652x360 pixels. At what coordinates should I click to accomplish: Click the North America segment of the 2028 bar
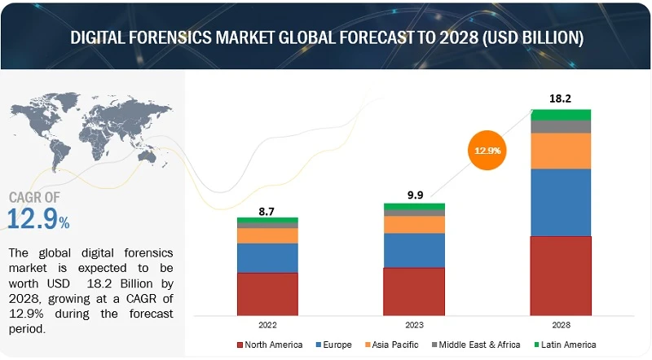point(561,275)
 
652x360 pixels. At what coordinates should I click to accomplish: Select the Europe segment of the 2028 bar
point(561,202)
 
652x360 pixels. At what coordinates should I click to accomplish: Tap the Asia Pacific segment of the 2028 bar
point(561,151)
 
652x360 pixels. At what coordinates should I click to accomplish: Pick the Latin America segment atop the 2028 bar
point(561,114)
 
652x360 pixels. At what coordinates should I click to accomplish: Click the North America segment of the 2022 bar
point(267,293)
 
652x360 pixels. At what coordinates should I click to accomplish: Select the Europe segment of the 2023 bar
point(414,250)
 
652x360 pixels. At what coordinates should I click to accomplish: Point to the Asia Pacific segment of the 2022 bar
point(267,235)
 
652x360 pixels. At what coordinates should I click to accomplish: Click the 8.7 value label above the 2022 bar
point(267,210)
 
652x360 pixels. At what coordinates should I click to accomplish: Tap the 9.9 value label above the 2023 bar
point(414,195)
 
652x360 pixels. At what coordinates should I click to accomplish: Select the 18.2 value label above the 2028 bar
point(561,99)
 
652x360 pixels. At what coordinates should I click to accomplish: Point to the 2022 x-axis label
point(267,323)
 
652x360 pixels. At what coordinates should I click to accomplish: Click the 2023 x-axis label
point(414,323)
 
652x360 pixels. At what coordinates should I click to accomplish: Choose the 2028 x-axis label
point(561,323)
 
